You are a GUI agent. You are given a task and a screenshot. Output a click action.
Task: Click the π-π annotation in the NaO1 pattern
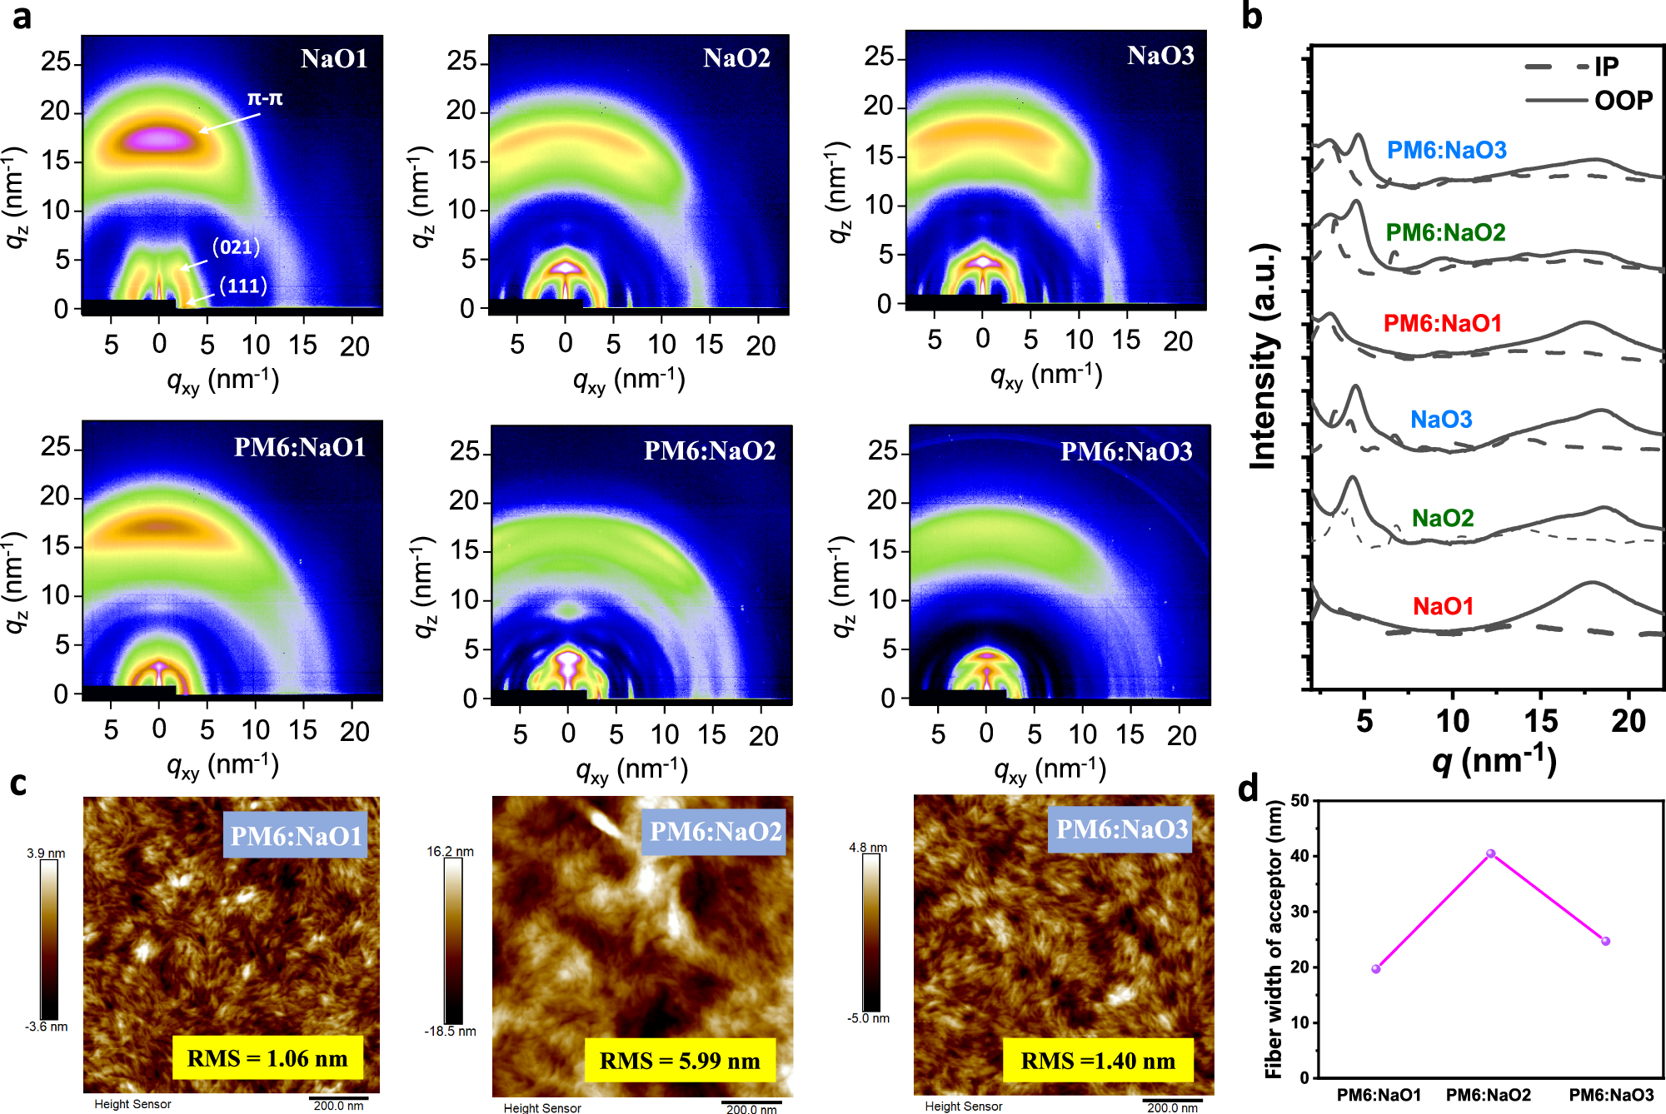tap(264, 99)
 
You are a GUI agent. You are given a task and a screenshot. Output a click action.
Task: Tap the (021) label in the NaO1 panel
tap(236, 247)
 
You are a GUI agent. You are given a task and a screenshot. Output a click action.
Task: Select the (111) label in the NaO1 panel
tap(242, 286)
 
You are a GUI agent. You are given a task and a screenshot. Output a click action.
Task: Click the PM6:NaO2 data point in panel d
tap(1490, 853)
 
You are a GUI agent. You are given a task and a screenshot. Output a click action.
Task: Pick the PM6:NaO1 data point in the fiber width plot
tap(1375, 969)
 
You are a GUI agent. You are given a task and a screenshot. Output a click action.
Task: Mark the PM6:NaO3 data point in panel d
tap(1605, 942)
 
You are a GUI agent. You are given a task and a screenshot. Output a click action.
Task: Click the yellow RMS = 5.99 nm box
tap(680, 1061)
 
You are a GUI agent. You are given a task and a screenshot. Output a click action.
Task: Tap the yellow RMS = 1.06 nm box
tap(267, 1058)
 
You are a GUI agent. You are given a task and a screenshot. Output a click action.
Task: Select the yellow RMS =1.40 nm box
tap(1098, 1061)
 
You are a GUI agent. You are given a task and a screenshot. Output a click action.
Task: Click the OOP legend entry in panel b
tap(1622, 101)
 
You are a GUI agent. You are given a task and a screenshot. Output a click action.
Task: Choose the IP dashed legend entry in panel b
tap(1605, 67)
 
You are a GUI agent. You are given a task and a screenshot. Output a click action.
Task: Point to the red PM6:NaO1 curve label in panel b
tap(1442, 323)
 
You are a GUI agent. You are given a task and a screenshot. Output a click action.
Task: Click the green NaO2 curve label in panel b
tap(1442, 518)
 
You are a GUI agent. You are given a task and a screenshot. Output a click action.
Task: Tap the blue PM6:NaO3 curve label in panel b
tap(1446, 151)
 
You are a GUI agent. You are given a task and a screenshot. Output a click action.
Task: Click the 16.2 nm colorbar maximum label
tap(450, 851)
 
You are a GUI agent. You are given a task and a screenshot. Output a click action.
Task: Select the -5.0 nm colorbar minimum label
tap(868, 1018)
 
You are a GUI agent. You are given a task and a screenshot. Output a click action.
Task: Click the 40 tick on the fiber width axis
tap(1299, 856)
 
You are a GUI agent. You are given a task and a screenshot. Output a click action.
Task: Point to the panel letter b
tap(1251, 17)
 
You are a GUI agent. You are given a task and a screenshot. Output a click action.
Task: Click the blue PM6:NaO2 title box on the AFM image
tap(716, 831)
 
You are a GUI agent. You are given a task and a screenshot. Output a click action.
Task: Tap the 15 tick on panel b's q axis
tap(1540, 721)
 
